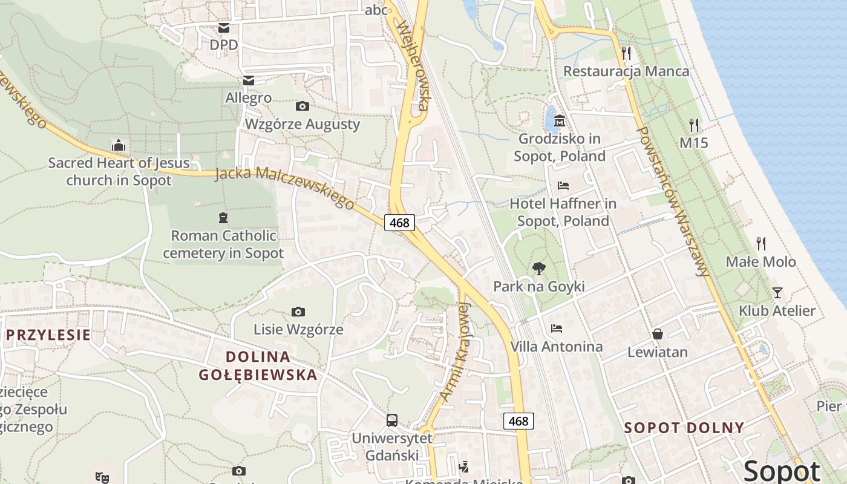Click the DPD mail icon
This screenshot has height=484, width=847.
[x=224, y=28]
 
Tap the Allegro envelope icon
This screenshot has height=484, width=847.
[x=248, y=80]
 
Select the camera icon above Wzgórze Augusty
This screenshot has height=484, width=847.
[x=302, y=106]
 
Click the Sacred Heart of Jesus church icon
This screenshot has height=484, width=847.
[x=119, y=145]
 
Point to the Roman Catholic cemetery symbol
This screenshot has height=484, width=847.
[x=223, y=218]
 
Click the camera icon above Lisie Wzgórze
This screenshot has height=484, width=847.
[x=298, y=312]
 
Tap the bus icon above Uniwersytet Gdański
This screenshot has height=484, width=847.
[x=392, y=420]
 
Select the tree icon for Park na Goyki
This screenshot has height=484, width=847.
[x=538, y=269]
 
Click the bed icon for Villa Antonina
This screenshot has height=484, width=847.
[x=557, y=329]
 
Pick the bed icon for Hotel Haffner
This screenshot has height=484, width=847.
[x=563, y=185]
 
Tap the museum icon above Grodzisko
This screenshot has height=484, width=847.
[x=560, y=121]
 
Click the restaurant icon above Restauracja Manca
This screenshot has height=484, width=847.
[x=626, y=53]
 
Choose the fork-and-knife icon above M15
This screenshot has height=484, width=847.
[x=694, y=125]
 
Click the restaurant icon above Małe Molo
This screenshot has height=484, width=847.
[x=761, y=244]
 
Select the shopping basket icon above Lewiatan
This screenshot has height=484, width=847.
[x=657, y=334]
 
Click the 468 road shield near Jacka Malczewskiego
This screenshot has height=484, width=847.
[x=399, y=223]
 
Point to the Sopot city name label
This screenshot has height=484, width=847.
[x=782, y=471]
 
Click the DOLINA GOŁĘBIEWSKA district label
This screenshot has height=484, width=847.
[x=258, y=365]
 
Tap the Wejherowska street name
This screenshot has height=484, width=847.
[x=413, y=67]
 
